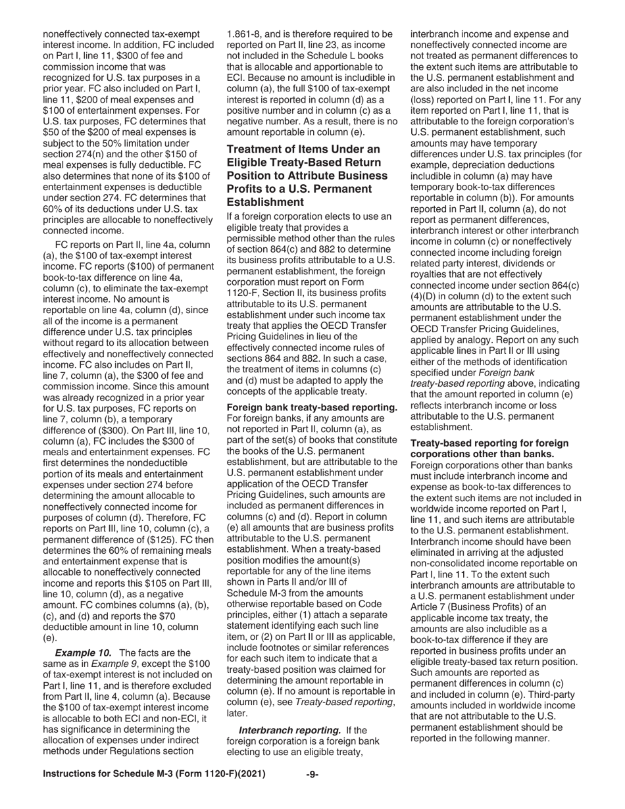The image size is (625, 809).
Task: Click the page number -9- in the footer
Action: [x=312, y=774]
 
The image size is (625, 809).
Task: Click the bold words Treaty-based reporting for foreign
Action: [x=489, y=444]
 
